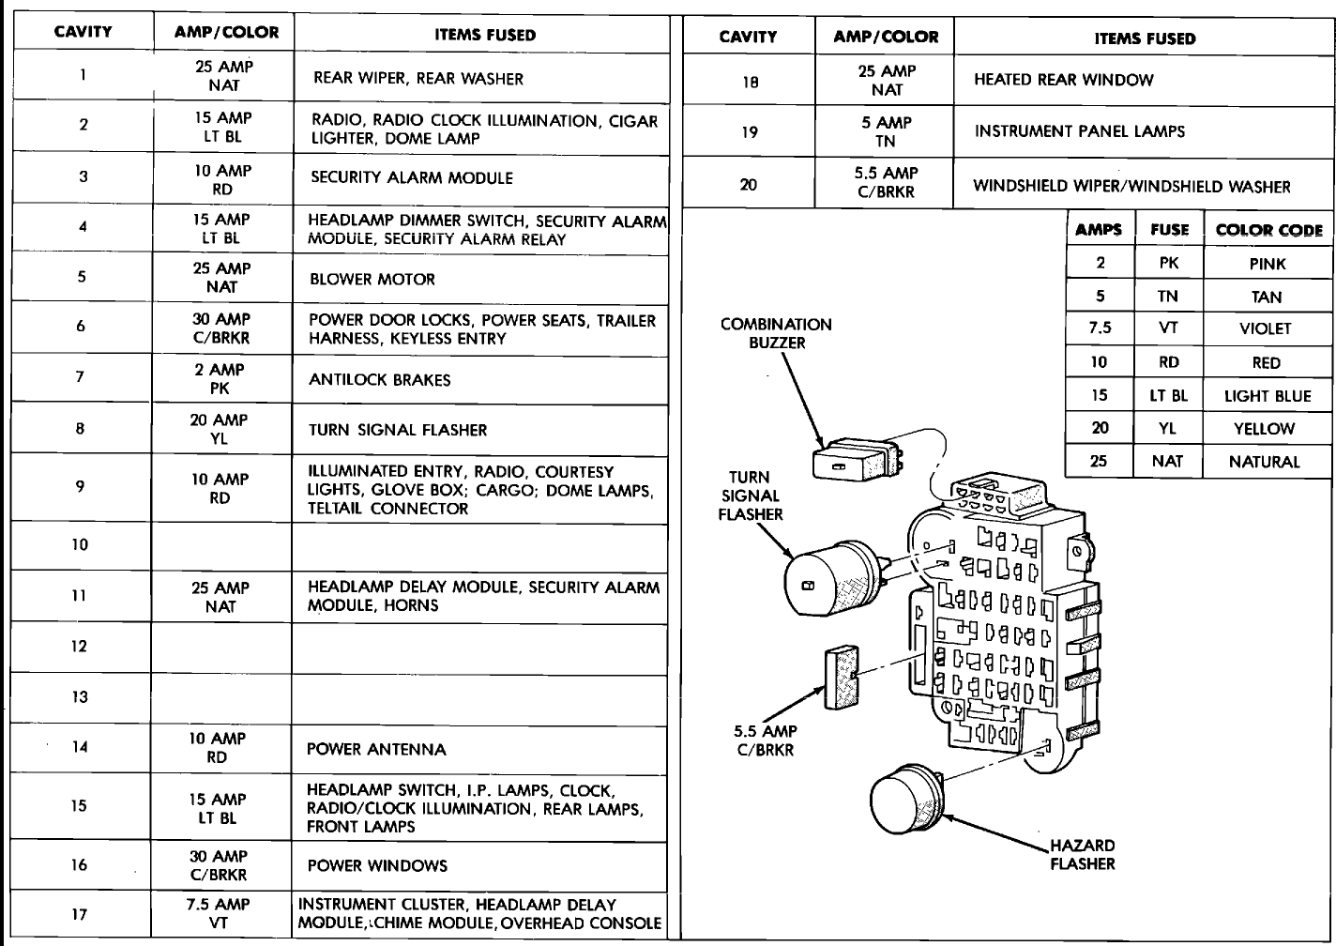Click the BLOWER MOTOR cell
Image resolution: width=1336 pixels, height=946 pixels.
[372, 279]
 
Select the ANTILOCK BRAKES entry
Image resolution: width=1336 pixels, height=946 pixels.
[380, 380]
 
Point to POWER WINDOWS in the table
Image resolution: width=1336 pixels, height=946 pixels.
[377, 865]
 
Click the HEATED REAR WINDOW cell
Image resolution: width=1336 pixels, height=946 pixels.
[1063, 80]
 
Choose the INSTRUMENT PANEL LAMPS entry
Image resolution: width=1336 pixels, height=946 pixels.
[1079, 131]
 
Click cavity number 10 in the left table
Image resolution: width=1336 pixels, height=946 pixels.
[80, 544]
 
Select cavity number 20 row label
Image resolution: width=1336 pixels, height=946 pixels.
[748, 184]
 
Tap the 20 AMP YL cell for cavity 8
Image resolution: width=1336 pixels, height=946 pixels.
[220, 429]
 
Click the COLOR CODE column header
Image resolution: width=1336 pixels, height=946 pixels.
[1268, 230]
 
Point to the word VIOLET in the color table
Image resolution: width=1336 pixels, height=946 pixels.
[1265, 328]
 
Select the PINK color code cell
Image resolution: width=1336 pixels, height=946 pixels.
[1267, 264]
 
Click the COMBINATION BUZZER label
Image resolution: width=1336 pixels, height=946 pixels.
[776, 333]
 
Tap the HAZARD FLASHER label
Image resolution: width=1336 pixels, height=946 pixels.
[1082, 854]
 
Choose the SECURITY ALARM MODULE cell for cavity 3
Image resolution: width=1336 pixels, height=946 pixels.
[412, 177]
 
